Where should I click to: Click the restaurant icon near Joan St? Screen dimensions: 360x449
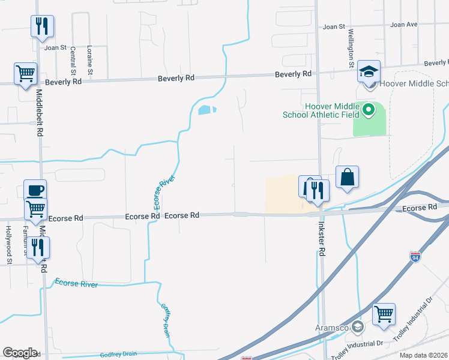tap(42, 26)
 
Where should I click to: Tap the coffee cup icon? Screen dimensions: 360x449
tap(35, 191)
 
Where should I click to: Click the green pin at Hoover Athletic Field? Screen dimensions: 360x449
tap(369, 110)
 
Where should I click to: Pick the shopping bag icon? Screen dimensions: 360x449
tap(347, 177)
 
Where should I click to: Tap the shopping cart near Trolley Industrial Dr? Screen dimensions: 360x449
tap(384, 314)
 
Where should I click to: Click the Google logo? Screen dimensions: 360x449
tap(20, 353)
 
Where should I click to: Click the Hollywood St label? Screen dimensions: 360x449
tap(9, 245)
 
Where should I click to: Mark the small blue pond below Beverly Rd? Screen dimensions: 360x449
tap(206, 110)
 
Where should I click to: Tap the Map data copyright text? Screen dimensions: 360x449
tap(424, 355)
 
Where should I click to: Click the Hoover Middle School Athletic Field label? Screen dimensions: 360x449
tap(331, 110)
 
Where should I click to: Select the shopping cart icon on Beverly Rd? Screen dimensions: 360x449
tap(25, 74)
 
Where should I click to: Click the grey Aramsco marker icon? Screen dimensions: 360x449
tap(358, 327)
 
